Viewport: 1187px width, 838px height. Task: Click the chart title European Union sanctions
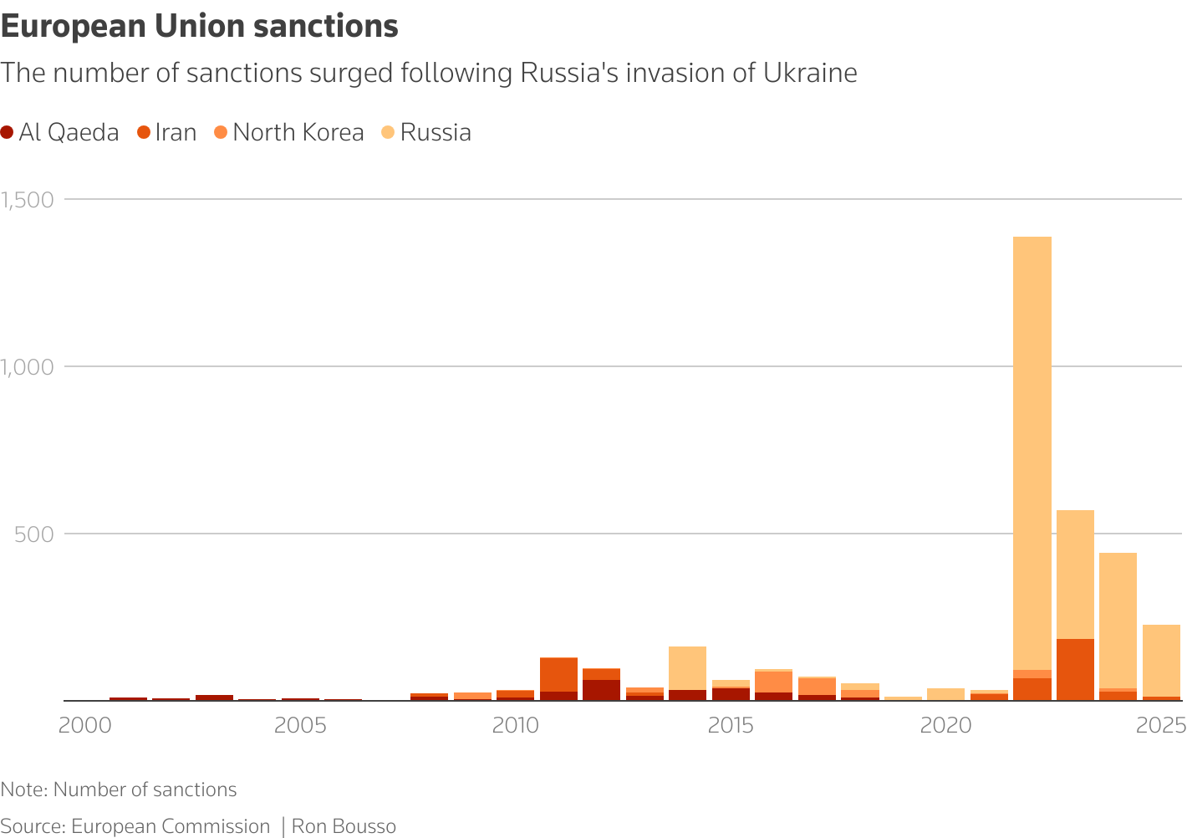click(199, 27)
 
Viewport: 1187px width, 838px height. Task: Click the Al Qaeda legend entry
click(60, 133)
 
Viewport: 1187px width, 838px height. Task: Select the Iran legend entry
click(167, 133)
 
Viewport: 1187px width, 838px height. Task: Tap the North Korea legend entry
click(289, 133)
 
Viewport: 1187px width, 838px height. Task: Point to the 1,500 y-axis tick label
click(28, 200)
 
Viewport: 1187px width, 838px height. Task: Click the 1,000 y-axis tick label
click(28, 367)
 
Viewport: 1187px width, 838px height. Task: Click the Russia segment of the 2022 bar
click(1032, 452)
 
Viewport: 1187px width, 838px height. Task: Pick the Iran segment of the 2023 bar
click(1075, 669)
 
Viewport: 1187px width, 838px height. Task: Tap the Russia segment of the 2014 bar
click(687, 667)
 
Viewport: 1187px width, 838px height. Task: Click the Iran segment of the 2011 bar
click(558, 674)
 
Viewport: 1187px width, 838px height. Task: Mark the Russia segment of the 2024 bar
click(1118, 619)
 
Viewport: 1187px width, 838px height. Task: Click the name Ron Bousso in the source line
click(344, 827)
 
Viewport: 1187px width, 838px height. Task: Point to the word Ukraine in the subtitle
click(810, 74)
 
